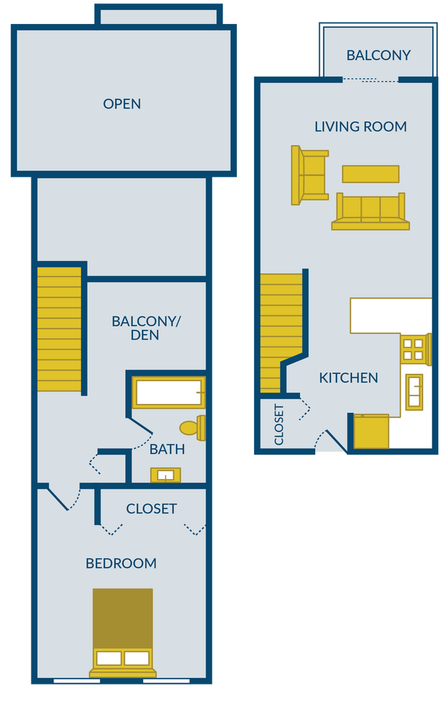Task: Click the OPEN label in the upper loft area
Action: pos(122,104)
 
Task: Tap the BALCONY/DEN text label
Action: pos(145,328)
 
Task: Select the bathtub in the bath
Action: pos(169,392)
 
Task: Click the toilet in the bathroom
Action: pos(192,428)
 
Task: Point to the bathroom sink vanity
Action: pos(165,475)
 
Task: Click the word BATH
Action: pos(167,450)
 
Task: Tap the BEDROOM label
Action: pos(121,563)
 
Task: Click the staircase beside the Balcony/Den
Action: pos(59,329)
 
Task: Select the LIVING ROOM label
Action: pos(360,127)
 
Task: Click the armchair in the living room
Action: pos(309,175)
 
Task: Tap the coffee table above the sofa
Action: pos(371,174)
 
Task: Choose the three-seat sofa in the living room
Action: pos(370,212)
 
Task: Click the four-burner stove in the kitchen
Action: pos(414,348)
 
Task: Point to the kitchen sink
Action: pos(414,392)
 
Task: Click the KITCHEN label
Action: pos(349,378)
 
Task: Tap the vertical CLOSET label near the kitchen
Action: pos(279,425)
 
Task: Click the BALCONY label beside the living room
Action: pos(378,55)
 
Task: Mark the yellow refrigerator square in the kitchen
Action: pos(371,431)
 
